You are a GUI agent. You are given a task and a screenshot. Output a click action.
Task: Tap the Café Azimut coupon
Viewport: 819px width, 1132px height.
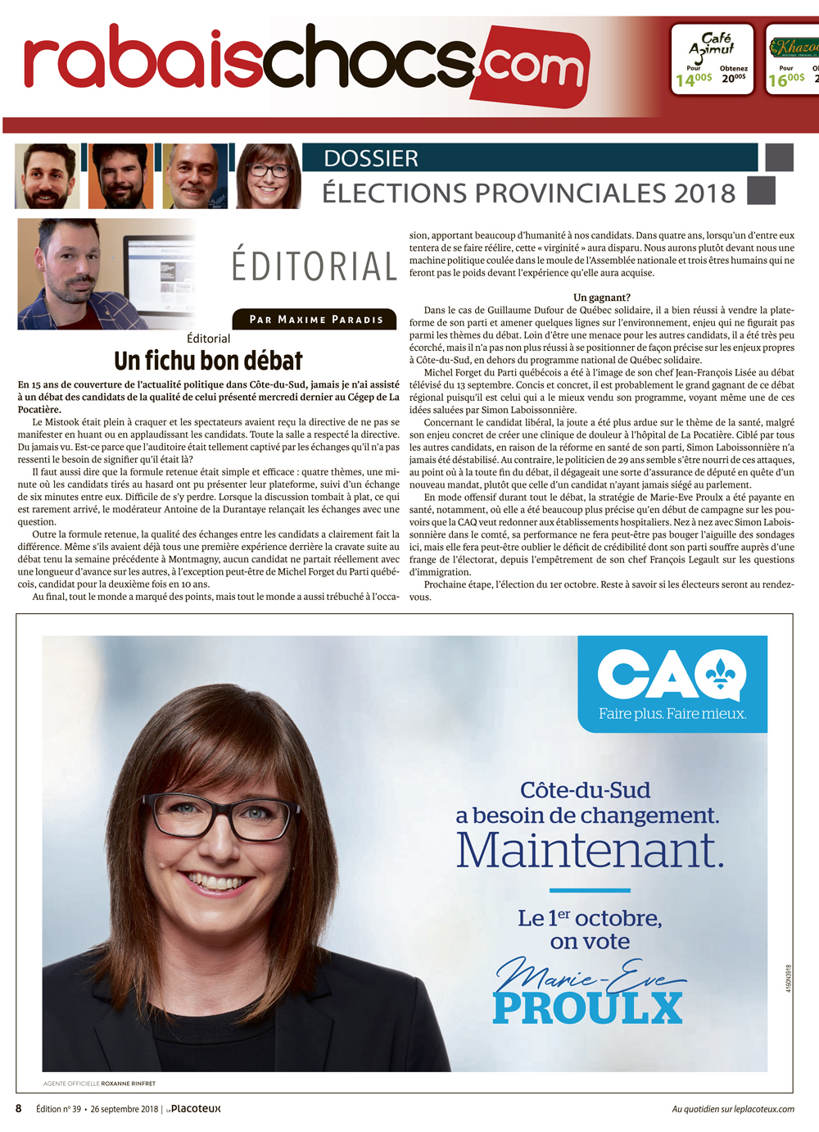coord(712,59)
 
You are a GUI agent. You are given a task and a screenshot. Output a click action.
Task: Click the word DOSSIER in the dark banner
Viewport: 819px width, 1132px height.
coord(371,158)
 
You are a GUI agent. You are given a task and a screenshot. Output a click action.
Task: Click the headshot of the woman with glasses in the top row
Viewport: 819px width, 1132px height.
coord(268,175)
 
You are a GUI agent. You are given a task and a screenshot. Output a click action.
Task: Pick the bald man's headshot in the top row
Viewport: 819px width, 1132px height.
coord(194,175)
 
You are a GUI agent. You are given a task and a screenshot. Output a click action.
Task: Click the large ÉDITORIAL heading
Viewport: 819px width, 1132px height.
coord(314,266)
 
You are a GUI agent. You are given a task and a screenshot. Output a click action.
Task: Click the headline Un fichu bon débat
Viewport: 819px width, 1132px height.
coord(208,361)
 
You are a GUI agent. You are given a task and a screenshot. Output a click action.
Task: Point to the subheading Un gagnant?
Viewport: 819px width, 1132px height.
coord(601,298)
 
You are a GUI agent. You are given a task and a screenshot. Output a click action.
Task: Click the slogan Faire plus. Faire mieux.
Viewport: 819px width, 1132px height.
coord(672,713)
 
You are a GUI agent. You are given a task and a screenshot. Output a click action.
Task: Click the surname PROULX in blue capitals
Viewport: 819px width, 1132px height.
coord(587,1009)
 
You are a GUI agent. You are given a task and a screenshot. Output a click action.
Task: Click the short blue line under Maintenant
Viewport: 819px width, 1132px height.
coord(590,890)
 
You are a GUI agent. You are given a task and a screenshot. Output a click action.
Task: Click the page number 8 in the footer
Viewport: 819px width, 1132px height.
coord(19,1108)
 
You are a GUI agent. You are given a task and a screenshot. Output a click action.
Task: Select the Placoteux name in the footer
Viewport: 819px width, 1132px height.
coord(196,1108)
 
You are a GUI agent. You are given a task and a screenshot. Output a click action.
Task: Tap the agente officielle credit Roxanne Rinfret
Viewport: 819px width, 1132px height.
coord(128,1084)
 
